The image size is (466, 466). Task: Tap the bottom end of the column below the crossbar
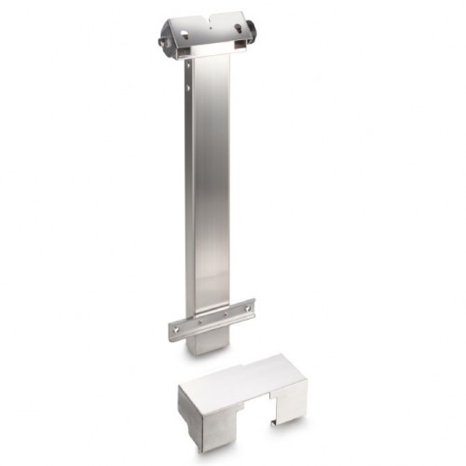[x=205, y=345]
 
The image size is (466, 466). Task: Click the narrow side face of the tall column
[x=189, y=186]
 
